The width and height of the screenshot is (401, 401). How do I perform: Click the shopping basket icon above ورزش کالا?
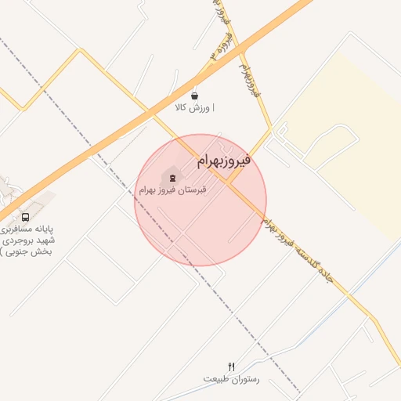pos(194,92)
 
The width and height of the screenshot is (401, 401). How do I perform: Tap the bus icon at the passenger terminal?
pos(26,217)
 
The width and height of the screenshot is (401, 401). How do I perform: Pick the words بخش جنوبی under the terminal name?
pos(31,251)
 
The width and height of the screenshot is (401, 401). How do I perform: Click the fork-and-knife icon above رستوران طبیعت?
pos(231,366)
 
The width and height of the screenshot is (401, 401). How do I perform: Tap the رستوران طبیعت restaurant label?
pos(231,379)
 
